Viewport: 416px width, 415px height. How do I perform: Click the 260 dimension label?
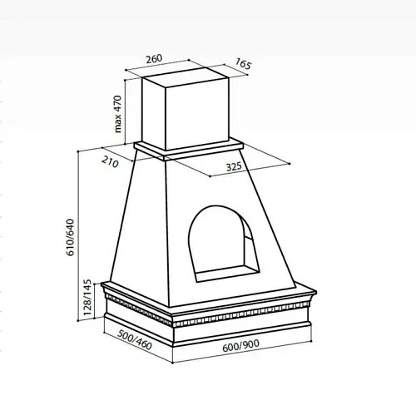click(154, 59)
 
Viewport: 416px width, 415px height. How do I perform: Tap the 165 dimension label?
click(243, 64)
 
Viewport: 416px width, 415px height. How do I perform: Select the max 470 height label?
click(118, 114)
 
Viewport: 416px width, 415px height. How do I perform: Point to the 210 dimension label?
click(110, 162)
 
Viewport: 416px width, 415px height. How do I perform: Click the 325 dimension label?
click(234, 167)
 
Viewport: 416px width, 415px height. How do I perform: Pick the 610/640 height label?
click(71, 237)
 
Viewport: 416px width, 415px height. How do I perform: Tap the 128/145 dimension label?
click(87, 297)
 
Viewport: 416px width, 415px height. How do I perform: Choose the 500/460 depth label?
click(135, 340)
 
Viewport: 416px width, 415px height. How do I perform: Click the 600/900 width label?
click(241, 346)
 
